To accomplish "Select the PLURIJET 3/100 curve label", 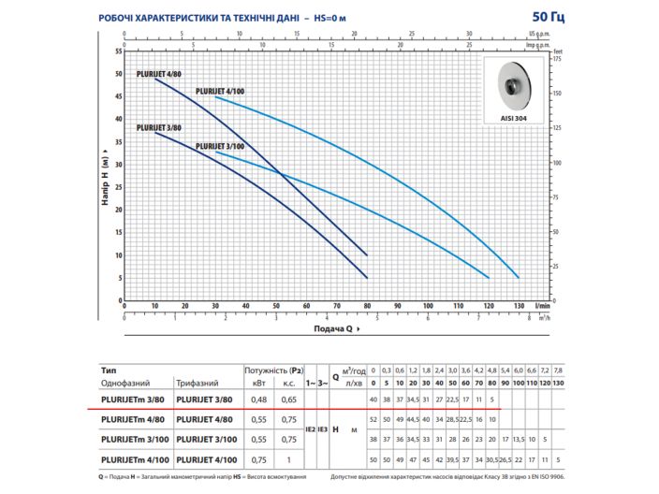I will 220,147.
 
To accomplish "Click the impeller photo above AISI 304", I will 513,88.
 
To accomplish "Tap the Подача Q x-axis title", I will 332,329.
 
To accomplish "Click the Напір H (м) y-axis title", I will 106,175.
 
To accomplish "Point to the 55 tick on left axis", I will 118,51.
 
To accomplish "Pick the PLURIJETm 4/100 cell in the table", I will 135,459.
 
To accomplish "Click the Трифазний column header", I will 198,384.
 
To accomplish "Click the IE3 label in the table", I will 323,429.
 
